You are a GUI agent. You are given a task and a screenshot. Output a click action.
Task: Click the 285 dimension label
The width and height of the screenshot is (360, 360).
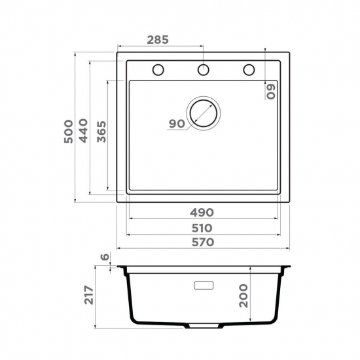pos(158,40)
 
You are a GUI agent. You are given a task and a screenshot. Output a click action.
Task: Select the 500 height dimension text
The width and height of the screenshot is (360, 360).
pos(69,132)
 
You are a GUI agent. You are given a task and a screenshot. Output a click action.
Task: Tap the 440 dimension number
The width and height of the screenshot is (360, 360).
pos(83,131)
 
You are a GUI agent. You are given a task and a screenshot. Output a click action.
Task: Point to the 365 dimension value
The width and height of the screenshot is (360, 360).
pos(101,132)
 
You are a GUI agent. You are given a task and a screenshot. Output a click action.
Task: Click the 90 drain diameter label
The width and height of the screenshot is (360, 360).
pos(177,124)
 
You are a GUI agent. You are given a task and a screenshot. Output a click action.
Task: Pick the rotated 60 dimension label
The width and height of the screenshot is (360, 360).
pos(271,92)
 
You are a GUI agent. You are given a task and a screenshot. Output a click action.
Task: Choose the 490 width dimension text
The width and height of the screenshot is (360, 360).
pos(202,213)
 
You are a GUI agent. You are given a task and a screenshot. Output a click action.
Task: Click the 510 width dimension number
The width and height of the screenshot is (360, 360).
pos(202,228)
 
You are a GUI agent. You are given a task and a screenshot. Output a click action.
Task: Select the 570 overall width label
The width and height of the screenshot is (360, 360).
pos(203,242)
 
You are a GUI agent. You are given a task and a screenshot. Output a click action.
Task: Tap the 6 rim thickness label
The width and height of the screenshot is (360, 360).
pos(105,257)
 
